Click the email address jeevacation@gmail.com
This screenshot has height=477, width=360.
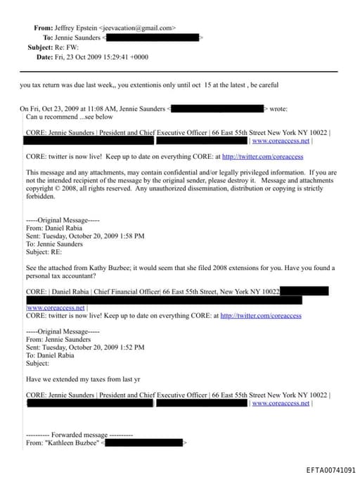(139, 27)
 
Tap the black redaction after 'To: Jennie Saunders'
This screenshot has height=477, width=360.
(152, 37)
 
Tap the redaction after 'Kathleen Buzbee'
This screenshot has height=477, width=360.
(145, 443)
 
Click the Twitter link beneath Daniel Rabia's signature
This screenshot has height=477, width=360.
(261, 316)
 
